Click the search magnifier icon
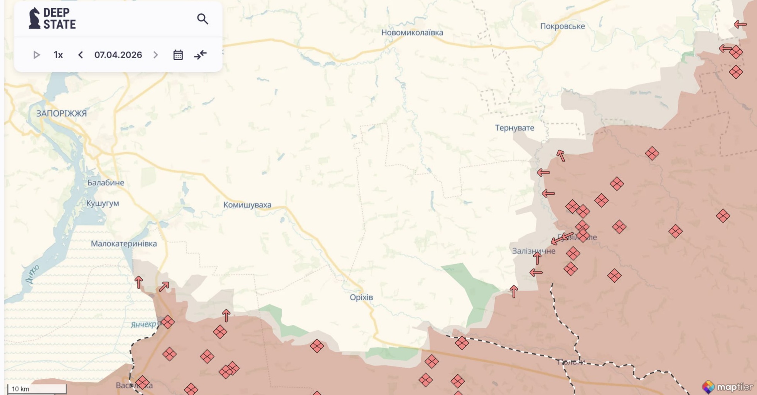tap(202, 19)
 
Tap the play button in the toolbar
tap(37, 55)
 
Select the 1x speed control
tap(58, 55)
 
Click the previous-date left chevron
tap(80, 55)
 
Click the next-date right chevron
tap(155, 55)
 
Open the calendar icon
tap(178, 55)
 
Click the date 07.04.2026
tap(118, 55)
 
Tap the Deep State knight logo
tap(35, 18)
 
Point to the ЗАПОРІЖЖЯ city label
tap(61, 113)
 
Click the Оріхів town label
tap(361, 297)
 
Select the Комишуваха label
tap(247, 205)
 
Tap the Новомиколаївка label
tap(412, 32)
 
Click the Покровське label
tap(562, 26)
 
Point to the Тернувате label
tap(514, 128)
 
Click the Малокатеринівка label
tap(124, 243)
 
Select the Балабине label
tap(106, 182)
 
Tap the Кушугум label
tap(103, 203)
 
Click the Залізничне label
tap(533, 251)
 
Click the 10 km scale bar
tap(37, 388)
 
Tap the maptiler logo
tap(727, 387)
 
